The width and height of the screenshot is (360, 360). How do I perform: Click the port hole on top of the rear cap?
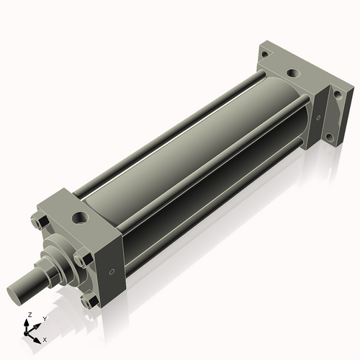click(292, 73)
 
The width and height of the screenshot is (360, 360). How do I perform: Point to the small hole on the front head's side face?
click(111, 271)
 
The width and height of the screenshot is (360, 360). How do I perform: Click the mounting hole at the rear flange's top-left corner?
click(264, 54)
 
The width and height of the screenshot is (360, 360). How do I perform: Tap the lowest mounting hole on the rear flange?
click(329, 136)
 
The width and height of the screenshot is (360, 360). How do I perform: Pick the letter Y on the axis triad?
click(44, 318)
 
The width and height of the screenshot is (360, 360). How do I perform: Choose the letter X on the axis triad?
click(45, 339)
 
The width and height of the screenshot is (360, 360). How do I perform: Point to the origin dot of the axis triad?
click(30, 332)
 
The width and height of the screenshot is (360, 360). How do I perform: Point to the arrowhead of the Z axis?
click(28, 322)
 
